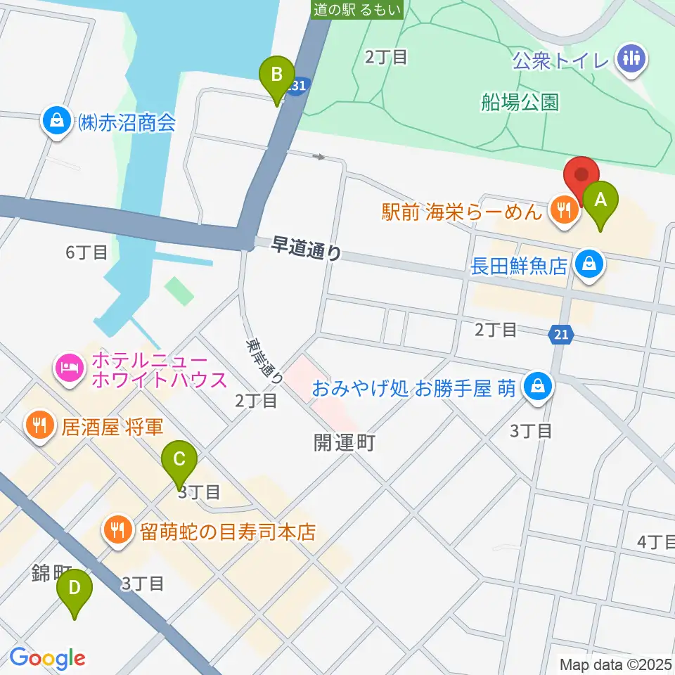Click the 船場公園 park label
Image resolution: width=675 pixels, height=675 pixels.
tap(520, 103)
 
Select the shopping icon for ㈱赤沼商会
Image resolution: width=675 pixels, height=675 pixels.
tap(54, 121)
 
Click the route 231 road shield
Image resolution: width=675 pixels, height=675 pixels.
tap(297, 84)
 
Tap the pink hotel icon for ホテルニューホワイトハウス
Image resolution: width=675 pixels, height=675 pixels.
tap(70, 366)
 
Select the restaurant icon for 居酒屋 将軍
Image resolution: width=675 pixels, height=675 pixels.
tap(37, 425)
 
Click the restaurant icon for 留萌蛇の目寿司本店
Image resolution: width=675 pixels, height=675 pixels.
tap(116, 529)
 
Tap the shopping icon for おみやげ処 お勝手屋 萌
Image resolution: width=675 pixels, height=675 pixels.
tap(539, 386)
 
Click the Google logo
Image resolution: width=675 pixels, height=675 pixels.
tap(46, 658)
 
